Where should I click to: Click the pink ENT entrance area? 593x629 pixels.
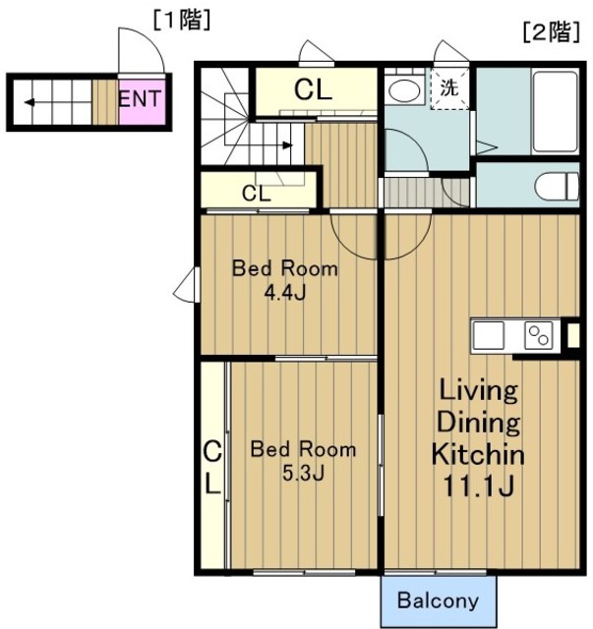(143, 102)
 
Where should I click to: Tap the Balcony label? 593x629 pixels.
(438, 600)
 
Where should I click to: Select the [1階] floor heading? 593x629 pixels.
(182, 21)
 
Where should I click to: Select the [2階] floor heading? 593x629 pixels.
(552, 32)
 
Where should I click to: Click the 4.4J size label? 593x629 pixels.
(285, 293)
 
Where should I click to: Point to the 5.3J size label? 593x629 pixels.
(303, 474)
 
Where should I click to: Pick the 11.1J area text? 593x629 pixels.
(478, 486)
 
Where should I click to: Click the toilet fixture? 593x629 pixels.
(557, 186)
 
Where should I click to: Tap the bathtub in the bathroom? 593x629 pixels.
(555, 111)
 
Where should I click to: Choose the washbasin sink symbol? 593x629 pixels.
(404, 90)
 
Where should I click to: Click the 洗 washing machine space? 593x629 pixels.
(449, 88)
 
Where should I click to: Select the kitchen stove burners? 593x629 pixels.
(538, 335)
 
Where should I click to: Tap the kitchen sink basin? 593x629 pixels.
(489, 335)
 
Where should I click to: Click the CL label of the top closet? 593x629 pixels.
(313, 89)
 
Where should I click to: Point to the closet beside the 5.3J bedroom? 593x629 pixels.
(213, 465)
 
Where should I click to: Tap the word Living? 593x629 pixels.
(479, 390)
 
